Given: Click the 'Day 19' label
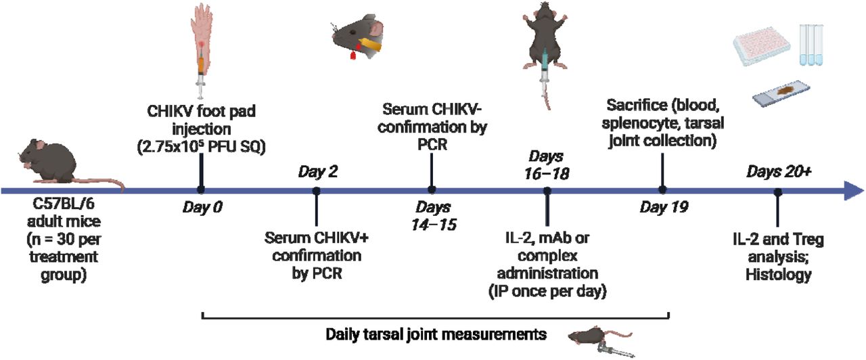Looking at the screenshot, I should [x=664, y=208].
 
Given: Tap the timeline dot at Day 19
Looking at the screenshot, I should [x=663, y=191].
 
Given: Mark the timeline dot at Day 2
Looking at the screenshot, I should [x=317, y=191].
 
